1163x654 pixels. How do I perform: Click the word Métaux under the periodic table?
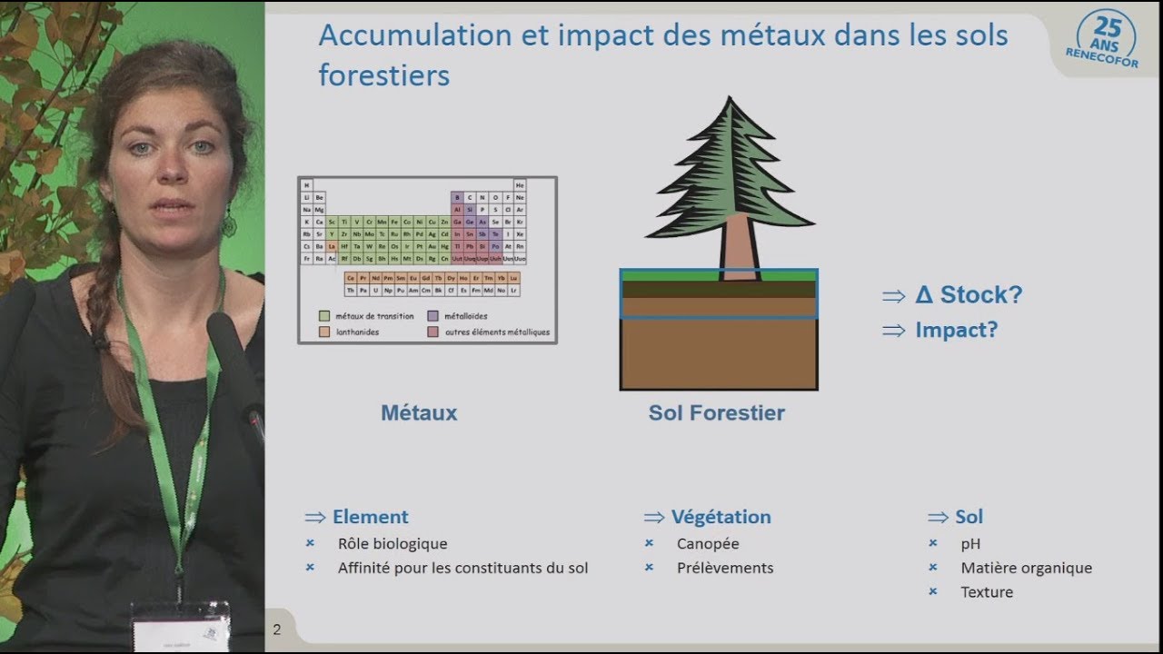pyautogui.click(x=419, y=413)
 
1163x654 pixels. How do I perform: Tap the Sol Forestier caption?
pyautogui.click(x=716, y=413)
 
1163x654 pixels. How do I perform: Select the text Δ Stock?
pyautogui.click(x=969, y=295)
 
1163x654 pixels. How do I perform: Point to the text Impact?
pyautogui.click(x=956, y=331)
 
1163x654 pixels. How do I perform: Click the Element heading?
pyautogui.click(x=370, y=517)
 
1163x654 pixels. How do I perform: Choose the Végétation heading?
pyautogui.click(x=721, y=517)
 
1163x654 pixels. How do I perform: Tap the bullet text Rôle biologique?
pyautogui.click(x=393, y=544)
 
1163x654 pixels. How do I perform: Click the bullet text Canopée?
pyautogui.click(x=708, y=544)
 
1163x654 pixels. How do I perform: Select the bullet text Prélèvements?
pyautogui.click(x=725, y=568)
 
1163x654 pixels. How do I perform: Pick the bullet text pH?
pyautogui.click(x=970, y=544)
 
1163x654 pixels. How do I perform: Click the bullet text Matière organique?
pyautogui.click(x=1026, y=568)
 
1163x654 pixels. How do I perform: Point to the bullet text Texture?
pyautogui.click(x=987, y=592)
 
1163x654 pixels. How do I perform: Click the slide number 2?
pyautogui.click(x=277, y=629)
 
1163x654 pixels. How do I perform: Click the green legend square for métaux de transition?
pyautogui.click(x=324, y=316)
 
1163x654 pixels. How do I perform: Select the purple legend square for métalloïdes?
pyautogui.click(x=433, y=316)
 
